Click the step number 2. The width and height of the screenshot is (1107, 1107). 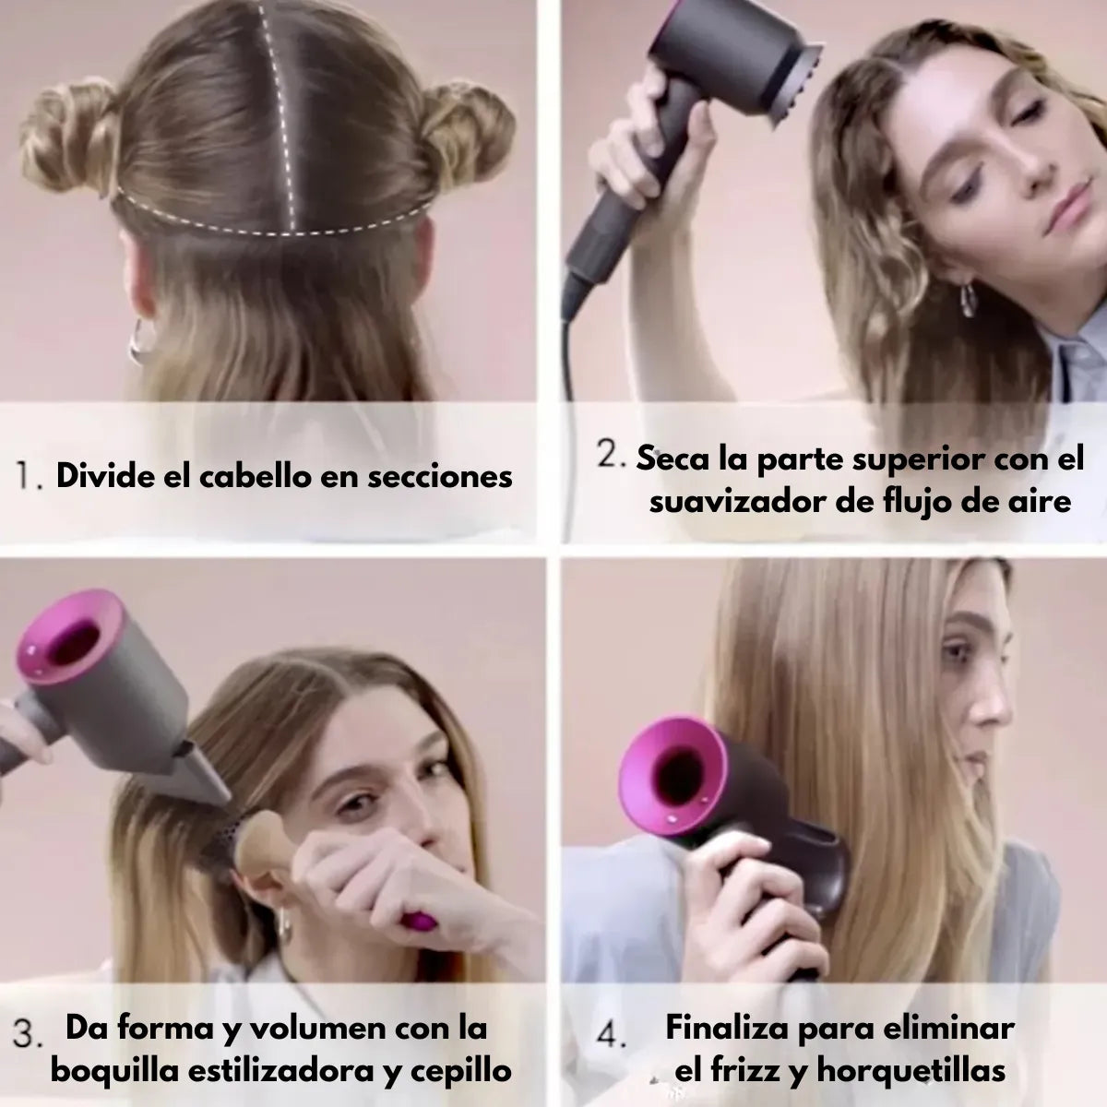click(610, 455)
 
